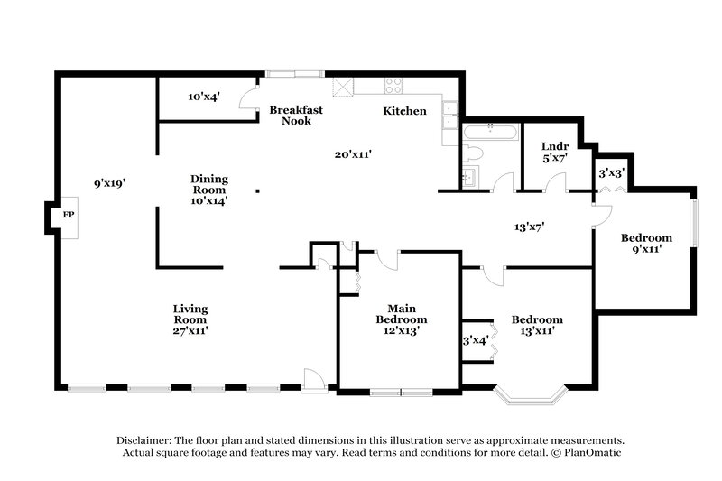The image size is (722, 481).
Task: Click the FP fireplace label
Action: [68, 217]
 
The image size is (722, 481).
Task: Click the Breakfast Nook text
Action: [296, 115]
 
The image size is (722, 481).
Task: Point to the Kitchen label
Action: [404, 111]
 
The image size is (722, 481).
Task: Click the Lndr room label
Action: [554, 146]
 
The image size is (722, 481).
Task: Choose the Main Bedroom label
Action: [402, 314]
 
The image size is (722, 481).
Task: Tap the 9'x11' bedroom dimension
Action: [646, 249]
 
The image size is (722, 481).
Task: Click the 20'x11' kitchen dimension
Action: [354, 154]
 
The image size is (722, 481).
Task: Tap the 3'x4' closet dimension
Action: [475, 340]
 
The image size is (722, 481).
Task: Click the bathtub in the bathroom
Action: [489, 133]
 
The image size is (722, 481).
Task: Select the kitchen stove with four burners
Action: [394, 87]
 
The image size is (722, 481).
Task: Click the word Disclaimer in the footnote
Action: [147, 438]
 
